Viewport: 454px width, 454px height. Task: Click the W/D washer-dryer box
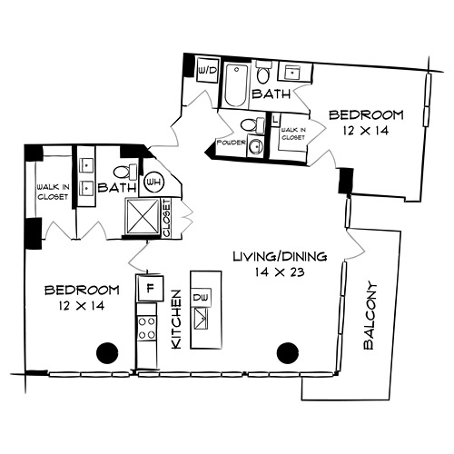207,71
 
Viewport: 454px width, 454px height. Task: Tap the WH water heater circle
153,183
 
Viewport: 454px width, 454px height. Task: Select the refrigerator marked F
150,288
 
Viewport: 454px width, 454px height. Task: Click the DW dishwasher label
201,298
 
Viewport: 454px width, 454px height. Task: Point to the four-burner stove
147,328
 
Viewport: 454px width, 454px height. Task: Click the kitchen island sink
200,319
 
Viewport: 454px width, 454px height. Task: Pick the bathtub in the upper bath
236,85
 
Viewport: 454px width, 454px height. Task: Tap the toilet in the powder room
252,124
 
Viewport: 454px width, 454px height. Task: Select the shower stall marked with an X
143,216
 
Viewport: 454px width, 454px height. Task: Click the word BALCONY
370,316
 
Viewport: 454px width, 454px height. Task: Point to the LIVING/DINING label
280,257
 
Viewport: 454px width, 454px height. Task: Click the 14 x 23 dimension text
279,271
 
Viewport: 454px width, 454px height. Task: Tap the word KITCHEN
176,320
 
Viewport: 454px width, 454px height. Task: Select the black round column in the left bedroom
107,353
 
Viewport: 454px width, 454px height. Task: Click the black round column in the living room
288,353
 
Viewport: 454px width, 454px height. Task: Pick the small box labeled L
275,120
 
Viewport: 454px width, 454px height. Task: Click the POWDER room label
231,143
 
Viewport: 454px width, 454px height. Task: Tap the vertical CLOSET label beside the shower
167,217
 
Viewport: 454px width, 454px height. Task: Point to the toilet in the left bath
125,172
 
